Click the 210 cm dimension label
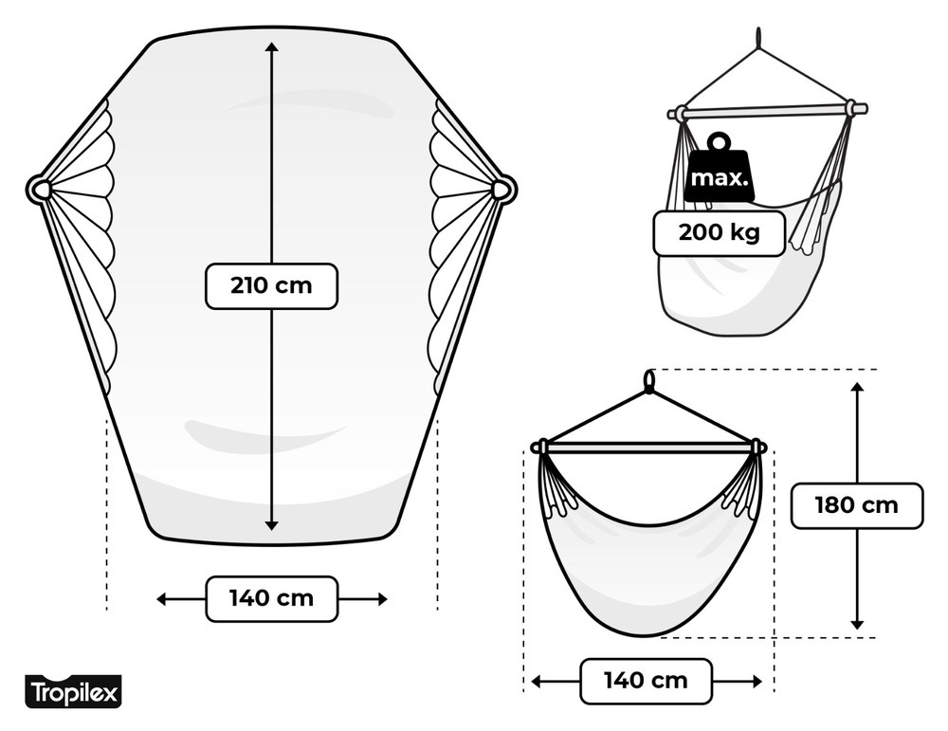[271, 286]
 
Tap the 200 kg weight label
[719, 233]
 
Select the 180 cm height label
[857, 505]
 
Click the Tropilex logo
[73, 692]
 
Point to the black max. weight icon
[720, 169]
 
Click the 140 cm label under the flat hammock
[271, 598]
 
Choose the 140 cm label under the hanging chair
[646, 681]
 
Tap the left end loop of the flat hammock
[40, 190]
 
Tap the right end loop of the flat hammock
[502, 190]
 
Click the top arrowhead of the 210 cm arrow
[271, 48]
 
